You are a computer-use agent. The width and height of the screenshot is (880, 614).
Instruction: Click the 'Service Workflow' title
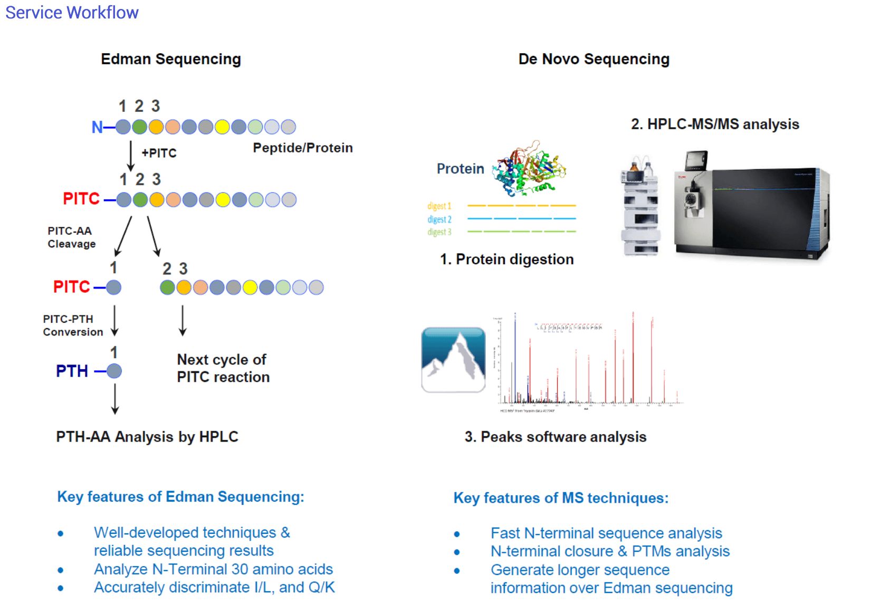coord(72,12)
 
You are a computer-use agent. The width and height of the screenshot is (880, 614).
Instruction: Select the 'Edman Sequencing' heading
coord(170,59)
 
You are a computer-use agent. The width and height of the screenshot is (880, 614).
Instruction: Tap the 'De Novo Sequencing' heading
coord(594,59)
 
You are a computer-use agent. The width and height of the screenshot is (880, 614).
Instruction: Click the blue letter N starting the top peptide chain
coord(97,127)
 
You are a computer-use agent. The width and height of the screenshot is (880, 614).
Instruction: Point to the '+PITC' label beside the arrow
coord(159,153)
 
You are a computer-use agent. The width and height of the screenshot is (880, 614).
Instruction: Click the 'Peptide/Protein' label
coord(302,148)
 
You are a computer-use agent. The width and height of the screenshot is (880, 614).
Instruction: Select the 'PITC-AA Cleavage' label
coord(71,237)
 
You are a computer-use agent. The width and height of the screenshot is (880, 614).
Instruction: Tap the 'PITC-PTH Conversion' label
coord(72,325)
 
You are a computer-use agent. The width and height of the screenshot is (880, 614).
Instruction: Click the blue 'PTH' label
coord(72,371)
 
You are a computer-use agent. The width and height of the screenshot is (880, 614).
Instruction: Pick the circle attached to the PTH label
coord(114,371)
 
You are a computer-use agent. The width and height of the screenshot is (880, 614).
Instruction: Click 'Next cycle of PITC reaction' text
coord(223,368)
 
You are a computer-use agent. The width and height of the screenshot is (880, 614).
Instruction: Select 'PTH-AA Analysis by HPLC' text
coord(147,437)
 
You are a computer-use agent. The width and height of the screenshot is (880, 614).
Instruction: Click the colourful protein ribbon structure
coord(529,169)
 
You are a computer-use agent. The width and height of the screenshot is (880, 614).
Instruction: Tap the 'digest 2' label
coord(439,219)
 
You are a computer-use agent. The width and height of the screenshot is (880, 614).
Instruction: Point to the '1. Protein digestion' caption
coord(506,259)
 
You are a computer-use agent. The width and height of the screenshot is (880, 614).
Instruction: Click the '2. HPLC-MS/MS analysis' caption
coord(714,124)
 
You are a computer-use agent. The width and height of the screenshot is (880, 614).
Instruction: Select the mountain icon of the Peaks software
coord(453,360)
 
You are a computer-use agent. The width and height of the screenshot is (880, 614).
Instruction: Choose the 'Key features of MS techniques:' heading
coord(561,498)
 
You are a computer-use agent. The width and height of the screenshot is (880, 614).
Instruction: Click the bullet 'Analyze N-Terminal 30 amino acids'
coord(213,569)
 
